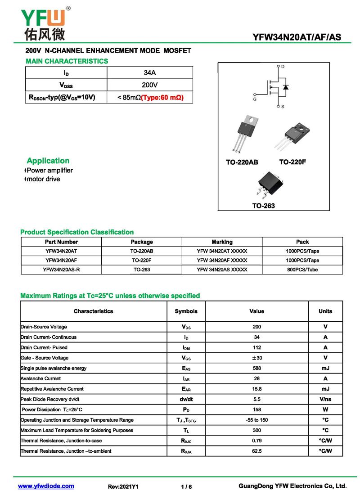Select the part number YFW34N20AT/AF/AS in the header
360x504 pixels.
click(297, 38)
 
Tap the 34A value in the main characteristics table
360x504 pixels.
click(150, 73)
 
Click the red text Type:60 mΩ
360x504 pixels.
click(162, 97)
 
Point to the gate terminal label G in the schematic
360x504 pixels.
click(255, 99)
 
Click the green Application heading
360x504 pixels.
click(48, 161)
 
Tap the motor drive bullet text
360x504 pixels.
click(43, 179)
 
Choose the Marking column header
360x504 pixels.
click(222, 242)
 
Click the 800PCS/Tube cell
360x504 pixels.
click(302, 270)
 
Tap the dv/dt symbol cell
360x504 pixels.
click(186, 399)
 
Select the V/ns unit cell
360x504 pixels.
click(325, 399)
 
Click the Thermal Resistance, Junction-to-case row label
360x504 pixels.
click(61, 441)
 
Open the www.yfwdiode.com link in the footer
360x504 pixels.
click(46, 486)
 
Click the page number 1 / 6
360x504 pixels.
click(186, 487)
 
